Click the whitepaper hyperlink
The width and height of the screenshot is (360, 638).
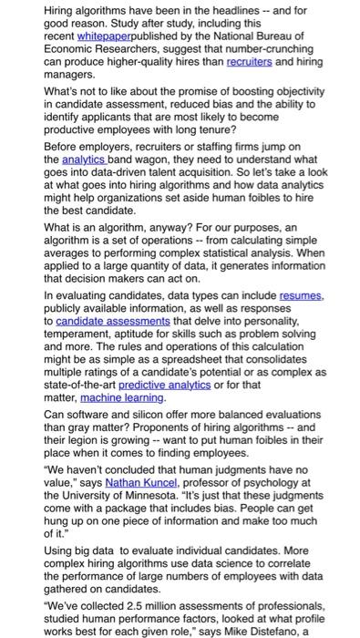(102, 34)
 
